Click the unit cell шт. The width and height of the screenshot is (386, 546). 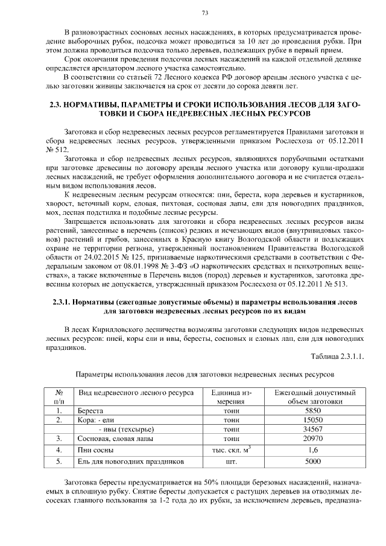click(x=230, y=462)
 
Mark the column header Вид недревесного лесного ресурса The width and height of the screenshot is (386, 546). click(x=136, y=393)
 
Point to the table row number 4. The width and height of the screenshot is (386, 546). click(x=59, y=449)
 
